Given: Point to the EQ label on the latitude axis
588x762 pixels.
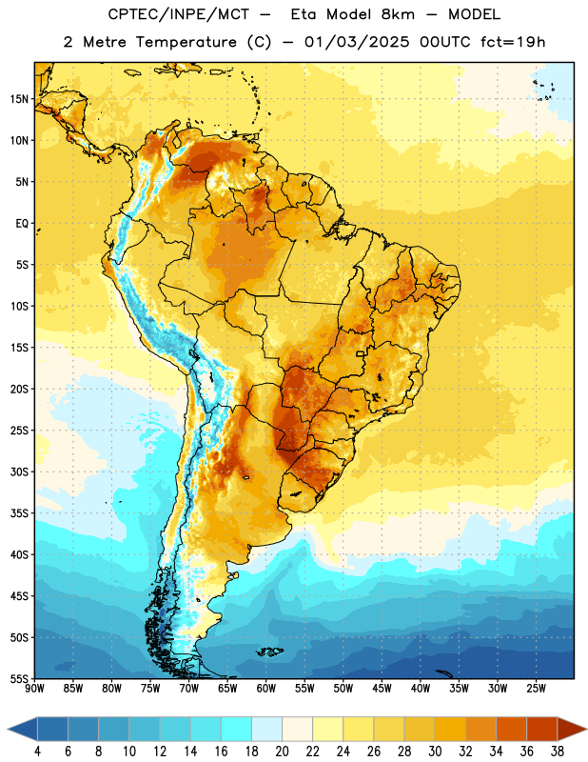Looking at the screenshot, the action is (22, 224).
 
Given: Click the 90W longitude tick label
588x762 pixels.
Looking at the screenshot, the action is (35, 689).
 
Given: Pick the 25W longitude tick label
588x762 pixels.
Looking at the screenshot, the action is (537, 689).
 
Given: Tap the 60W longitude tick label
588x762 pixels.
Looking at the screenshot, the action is (266, 689).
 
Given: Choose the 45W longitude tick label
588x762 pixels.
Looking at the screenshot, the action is (382, 689).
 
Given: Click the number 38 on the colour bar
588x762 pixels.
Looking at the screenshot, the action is (557, 752).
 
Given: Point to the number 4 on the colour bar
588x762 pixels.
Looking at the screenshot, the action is (37, 752).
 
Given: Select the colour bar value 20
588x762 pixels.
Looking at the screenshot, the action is (282, 752).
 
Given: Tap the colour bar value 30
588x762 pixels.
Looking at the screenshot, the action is (435, 752).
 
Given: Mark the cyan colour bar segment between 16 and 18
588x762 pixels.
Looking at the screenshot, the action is (237, 729).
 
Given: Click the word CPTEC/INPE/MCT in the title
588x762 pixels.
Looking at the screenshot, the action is (178, 14).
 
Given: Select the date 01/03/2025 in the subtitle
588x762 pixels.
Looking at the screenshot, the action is (357, 42).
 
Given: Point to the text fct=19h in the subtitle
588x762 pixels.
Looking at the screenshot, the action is (513, 42).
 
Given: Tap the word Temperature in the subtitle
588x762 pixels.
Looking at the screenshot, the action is (186, 42).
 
